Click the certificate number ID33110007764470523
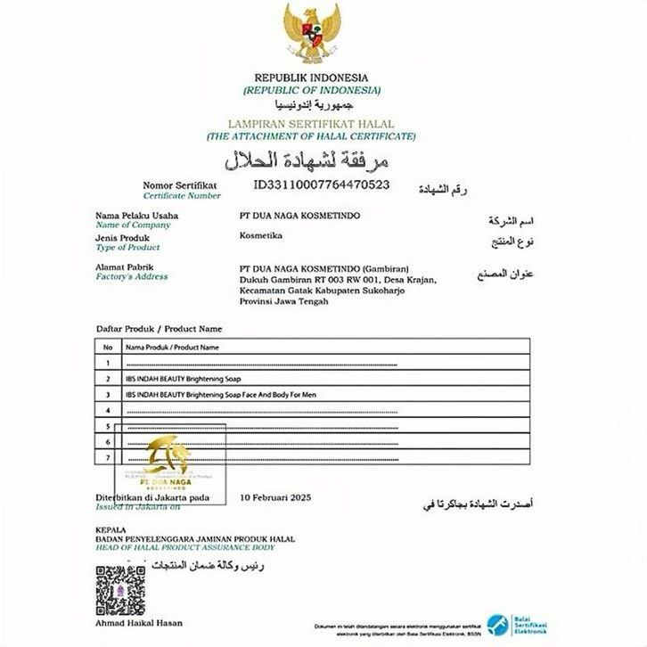tap(322, 184)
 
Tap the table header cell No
tap(107, 347)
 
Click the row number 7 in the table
tap(107, 457)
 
